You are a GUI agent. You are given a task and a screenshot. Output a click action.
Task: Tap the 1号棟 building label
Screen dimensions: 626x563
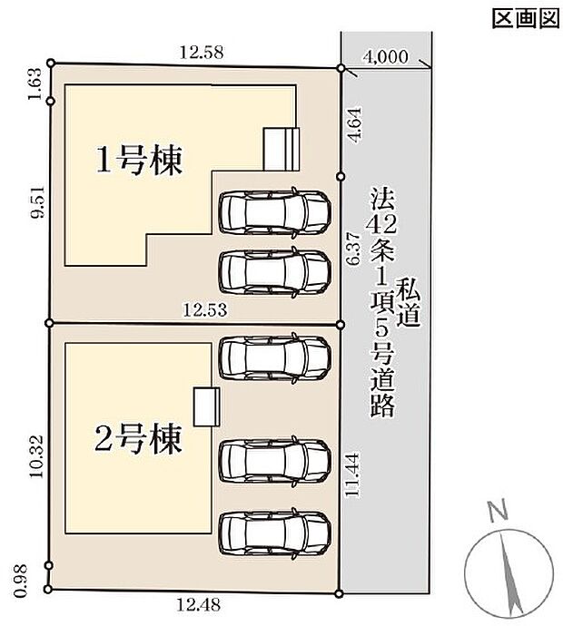pos(141,161)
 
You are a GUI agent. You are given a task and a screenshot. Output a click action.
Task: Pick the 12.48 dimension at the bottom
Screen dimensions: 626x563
pos(199,603)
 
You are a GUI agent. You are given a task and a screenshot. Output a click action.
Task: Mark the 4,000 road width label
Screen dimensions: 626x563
pos(384,55)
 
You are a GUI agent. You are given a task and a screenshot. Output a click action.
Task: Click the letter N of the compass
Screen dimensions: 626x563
pos(496,514)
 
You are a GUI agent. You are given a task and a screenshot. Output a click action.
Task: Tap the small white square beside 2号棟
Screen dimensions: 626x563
pos(206,406)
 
